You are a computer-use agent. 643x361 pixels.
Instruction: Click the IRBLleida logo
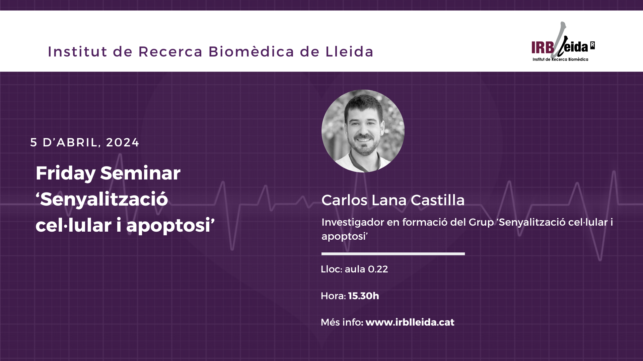point(563,42)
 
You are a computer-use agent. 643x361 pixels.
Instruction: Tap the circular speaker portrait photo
point(363,131)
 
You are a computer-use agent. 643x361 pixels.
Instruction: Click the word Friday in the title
point(66,173)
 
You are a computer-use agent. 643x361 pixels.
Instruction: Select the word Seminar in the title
point(140,173)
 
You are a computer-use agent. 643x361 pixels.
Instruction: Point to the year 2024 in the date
point(122,142)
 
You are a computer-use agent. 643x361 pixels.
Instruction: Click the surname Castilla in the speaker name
point(437,200)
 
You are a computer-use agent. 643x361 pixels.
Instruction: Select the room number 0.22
point(378,269)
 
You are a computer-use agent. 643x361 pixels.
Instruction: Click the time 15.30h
point(363,296)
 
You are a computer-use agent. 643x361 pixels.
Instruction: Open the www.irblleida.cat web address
point(410,322)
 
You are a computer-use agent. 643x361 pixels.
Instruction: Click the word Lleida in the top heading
point(349,51)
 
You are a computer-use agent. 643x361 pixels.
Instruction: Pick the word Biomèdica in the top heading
point(251,51)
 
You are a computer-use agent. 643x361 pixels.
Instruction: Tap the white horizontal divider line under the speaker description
point(393,254)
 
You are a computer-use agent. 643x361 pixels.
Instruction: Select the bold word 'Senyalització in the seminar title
point(102,200)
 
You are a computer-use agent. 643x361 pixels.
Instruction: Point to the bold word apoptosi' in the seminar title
point(170,226)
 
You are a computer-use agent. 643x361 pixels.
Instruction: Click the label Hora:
point(333,296)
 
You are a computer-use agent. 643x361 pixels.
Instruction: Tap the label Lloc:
point(332,269)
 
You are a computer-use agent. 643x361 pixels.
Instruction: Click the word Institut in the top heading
point(78,51)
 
